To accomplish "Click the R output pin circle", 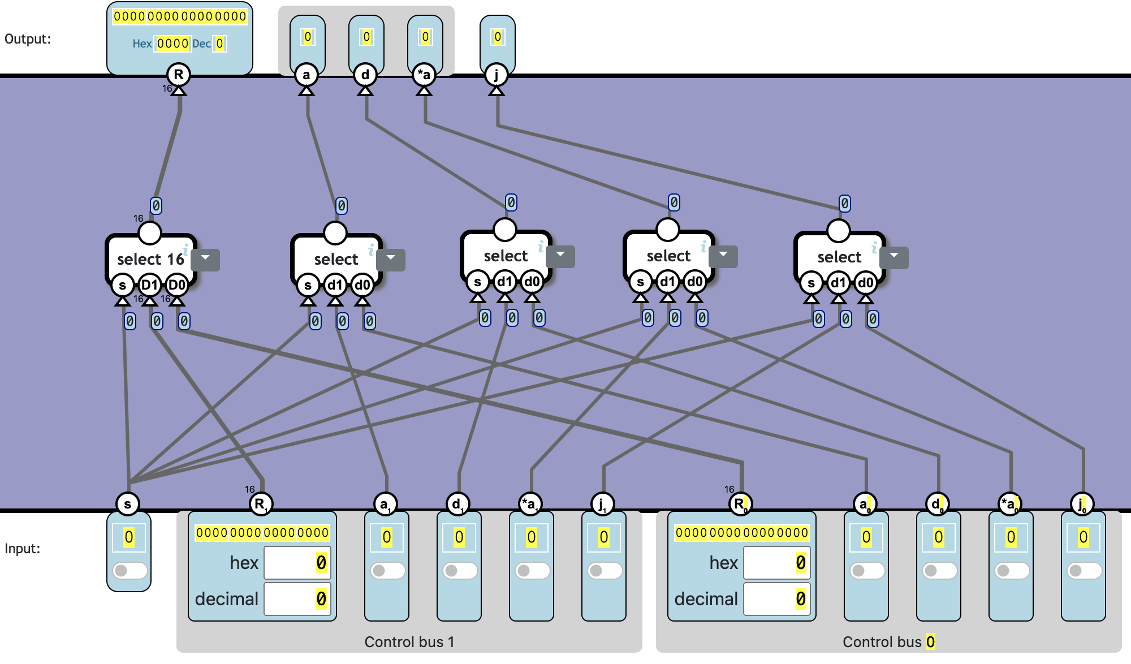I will pyautogui.click(x=179, y=75).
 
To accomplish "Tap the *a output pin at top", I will pyautogui.click(x=424, y=75).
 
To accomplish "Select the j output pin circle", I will pyautogui.click(x=497, y=75).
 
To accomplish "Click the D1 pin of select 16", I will pyautogui.click(x=149, y=285).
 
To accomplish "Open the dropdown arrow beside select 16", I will pyautogui.click(x=205, y=258).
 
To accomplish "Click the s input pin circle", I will pyautogui.click(x=128, y=503).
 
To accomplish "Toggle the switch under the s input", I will pyautogui.click(x=129, y=570).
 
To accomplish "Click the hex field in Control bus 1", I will pyautogui.click(x=297, y=563).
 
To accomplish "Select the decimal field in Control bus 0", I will pyautogui.click(x=777, y=598).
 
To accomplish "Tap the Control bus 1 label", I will pyautogui.click(x=409, y=642).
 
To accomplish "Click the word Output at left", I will pyautogui.click(x=28, y=39).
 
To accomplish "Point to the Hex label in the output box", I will pyautogui.click(x=142, y=44).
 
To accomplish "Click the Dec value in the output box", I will pyautogui.click(x=220, y=44).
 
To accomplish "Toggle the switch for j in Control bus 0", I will pyautogui.click(x=1083, y=570).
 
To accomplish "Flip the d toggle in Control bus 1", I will pyautogui.click(x=459, y=570).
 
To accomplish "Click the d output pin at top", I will pyautogui.click(x=365, y=75).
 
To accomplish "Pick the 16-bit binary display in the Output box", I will pyautogui.click(x=180, y=16).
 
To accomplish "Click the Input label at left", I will pyautogui.click(x=23, y=549).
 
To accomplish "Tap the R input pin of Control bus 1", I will pyautogui.click(x=260, y=503).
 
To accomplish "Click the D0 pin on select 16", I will pyautogui.click(x=177, y=285).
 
